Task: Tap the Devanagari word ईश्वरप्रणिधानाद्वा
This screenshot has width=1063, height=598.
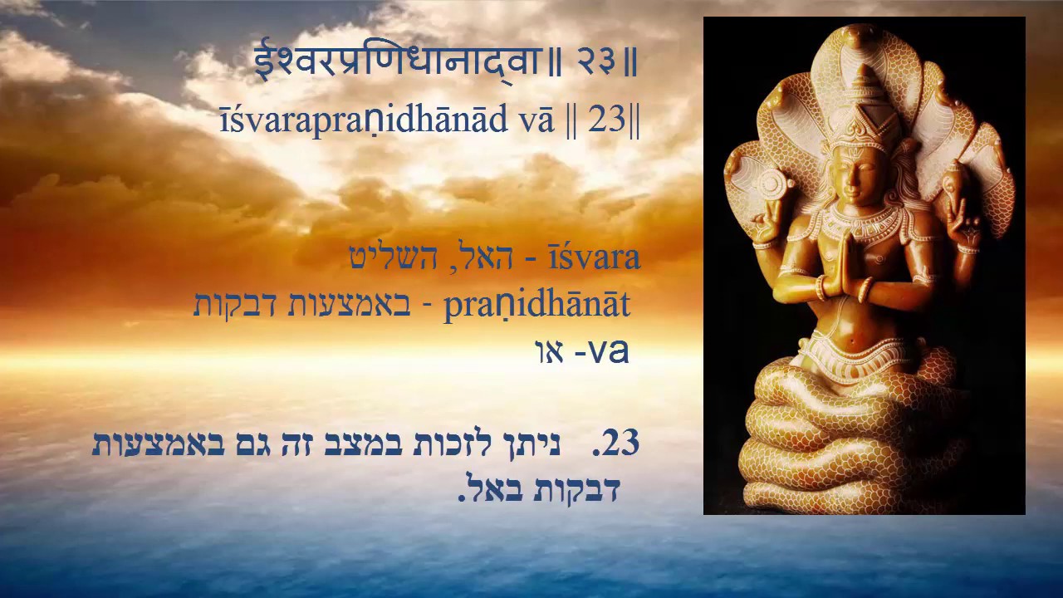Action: pos(397,62)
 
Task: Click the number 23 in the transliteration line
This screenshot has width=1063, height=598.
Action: pos(607,120)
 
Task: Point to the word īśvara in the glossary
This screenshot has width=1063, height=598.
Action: pos(594,257)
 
